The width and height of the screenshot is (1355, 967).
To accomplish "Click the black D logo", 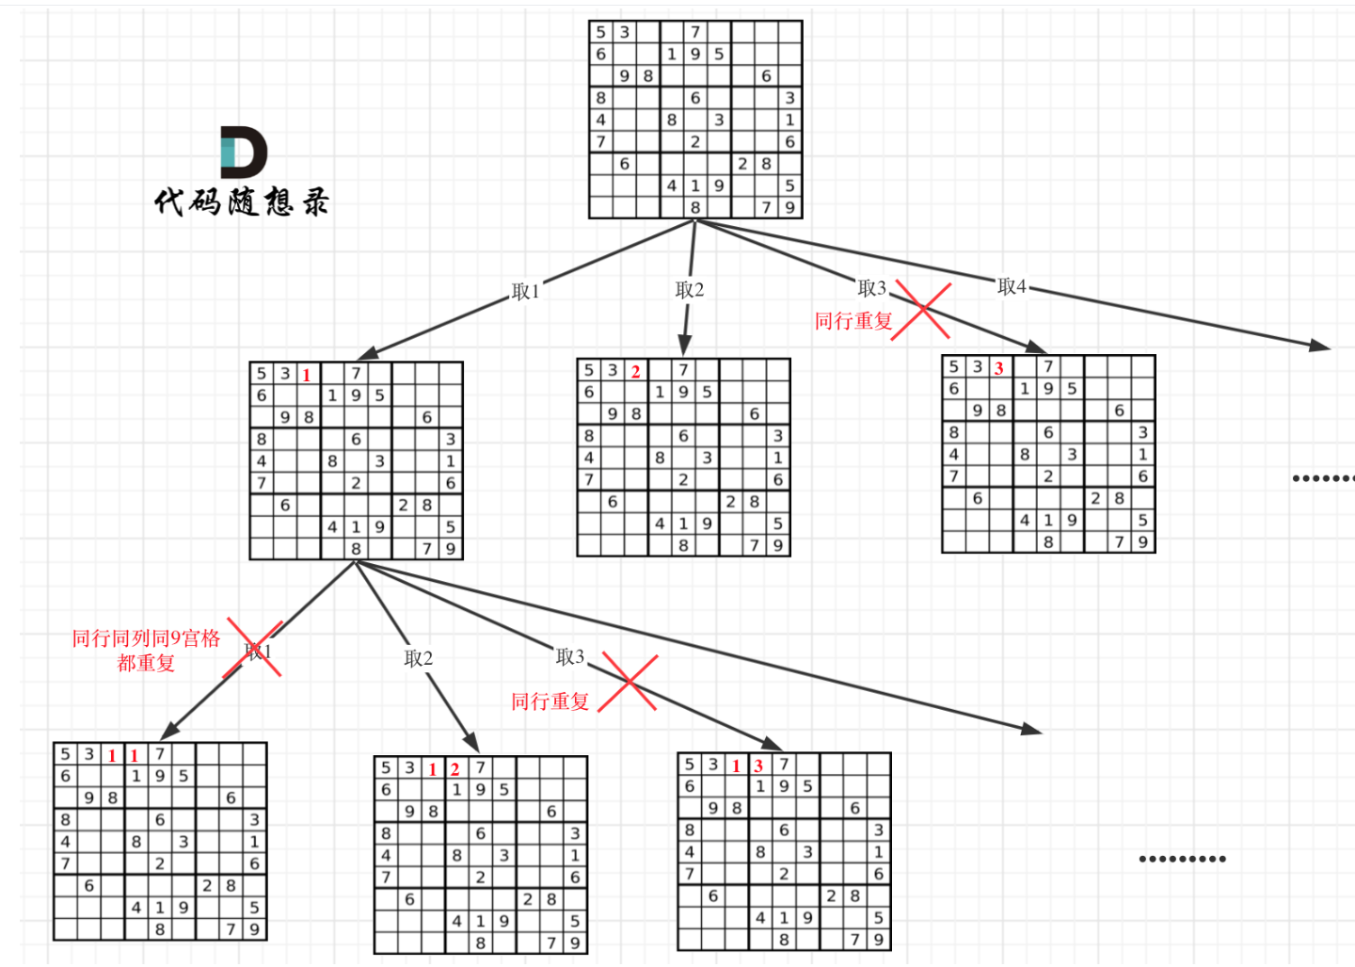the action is [x=244, y=152].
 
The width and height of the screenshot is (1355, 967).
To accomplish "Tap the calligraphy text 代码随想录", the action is [x=242, y=201].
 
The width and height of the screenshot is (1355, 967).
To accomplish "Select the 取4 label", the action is [x=1012, y=286].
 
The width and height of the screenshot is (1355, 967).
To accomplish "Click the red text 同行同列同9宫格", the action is [x=146, y=638].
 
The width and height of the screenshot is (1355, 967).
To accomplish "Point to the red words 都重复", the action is [x=146, y=663].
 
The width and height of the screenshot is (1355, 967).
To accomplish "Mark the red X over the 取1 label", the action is [x=253, y=649].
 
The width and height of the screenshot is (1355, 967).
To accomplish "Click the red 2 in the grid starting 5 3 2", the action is [x=636, y=371].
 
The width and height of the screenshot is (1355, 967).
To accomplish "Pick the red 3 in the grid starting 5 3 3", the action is [x=999, y=368].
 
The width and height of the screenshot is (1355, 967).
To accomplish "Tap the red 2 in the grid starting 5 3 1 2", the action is [x=455, y=769].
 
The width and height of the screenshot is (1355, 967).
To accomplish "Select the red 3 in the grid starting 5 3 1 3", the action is [x=758, y=766].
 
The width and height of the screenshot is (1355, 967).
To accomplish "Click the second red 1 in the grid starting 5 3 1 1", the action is [x=135, y=755].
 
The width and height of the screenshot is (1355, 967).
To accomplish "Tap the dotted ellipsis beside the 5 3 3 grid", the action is [x=1323, y=478].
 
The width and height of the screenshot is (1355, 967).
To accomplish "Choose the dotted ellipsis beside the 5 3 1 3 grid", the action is [x=1182, y=859].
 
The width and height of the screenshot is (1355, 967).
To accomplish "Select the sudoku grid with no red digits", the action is [x=695, y=120].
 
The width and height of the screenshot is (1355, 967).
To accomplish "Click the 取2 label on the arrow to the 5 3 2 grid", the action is [x=690, y=290].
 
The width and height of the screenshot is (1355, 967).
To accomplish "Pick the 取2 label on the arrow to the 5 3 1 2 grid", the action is [x=419, y=658].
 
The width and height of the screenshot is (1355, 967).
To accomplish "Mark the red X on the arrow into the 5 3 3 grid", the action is [x=922, y=310].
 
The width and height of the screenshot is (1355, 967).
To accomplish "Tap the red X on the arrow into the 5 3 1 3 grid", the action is [x=628, y=682].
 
